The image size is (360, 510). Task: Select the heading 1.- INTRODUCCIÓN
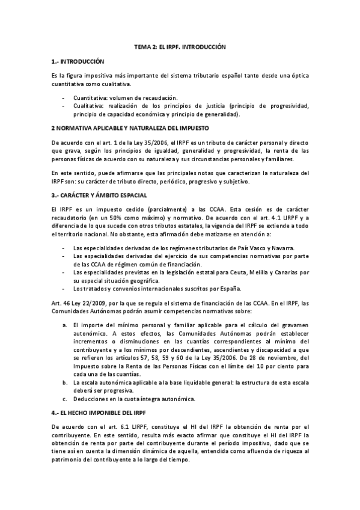[x=78, y=61]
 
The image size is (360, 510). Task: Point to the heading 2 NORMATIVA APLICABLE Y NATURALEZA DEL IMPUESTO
[x=130, y=129]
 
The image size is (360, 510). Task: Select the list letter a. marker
[x=65, y=325]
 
